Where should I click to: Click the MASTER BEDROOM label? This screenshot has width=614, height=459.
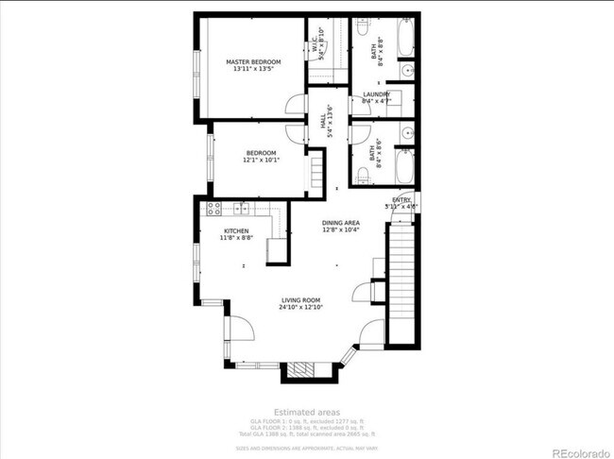tap(253, 65)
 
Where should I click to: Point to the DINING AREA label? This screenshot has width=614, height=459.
tap(341, 225)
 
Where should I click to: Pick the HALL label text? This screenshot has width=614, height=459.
tap(326, 121)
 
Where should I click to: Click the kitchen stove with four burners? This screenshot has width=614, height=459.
tap(214, 209)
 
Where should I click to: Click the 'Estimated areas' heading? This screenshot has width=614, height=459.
tap(306, 412)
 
